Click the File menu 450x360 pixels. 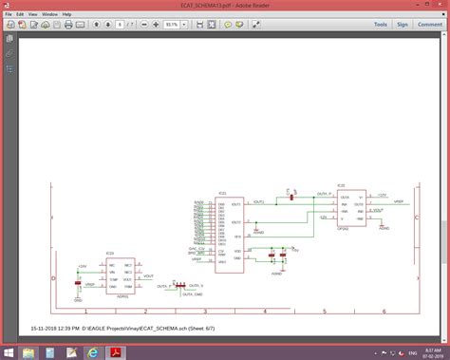pos(9,15)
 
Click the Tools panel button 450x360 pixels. pos(381,25)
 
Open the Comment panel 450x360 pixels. pos(429,25)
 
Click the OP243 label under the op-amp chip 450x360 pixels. pos(345,228)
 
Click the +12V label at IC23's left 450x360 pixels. pos(83,265)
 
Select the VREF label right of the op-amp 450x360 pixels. pos(399,201)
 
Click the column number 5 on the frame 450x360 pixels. pos(326,311)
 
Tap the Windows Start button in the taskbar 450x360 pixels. pos(8,351)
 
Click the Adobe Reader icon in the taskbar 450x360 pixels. pos(118,351)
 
